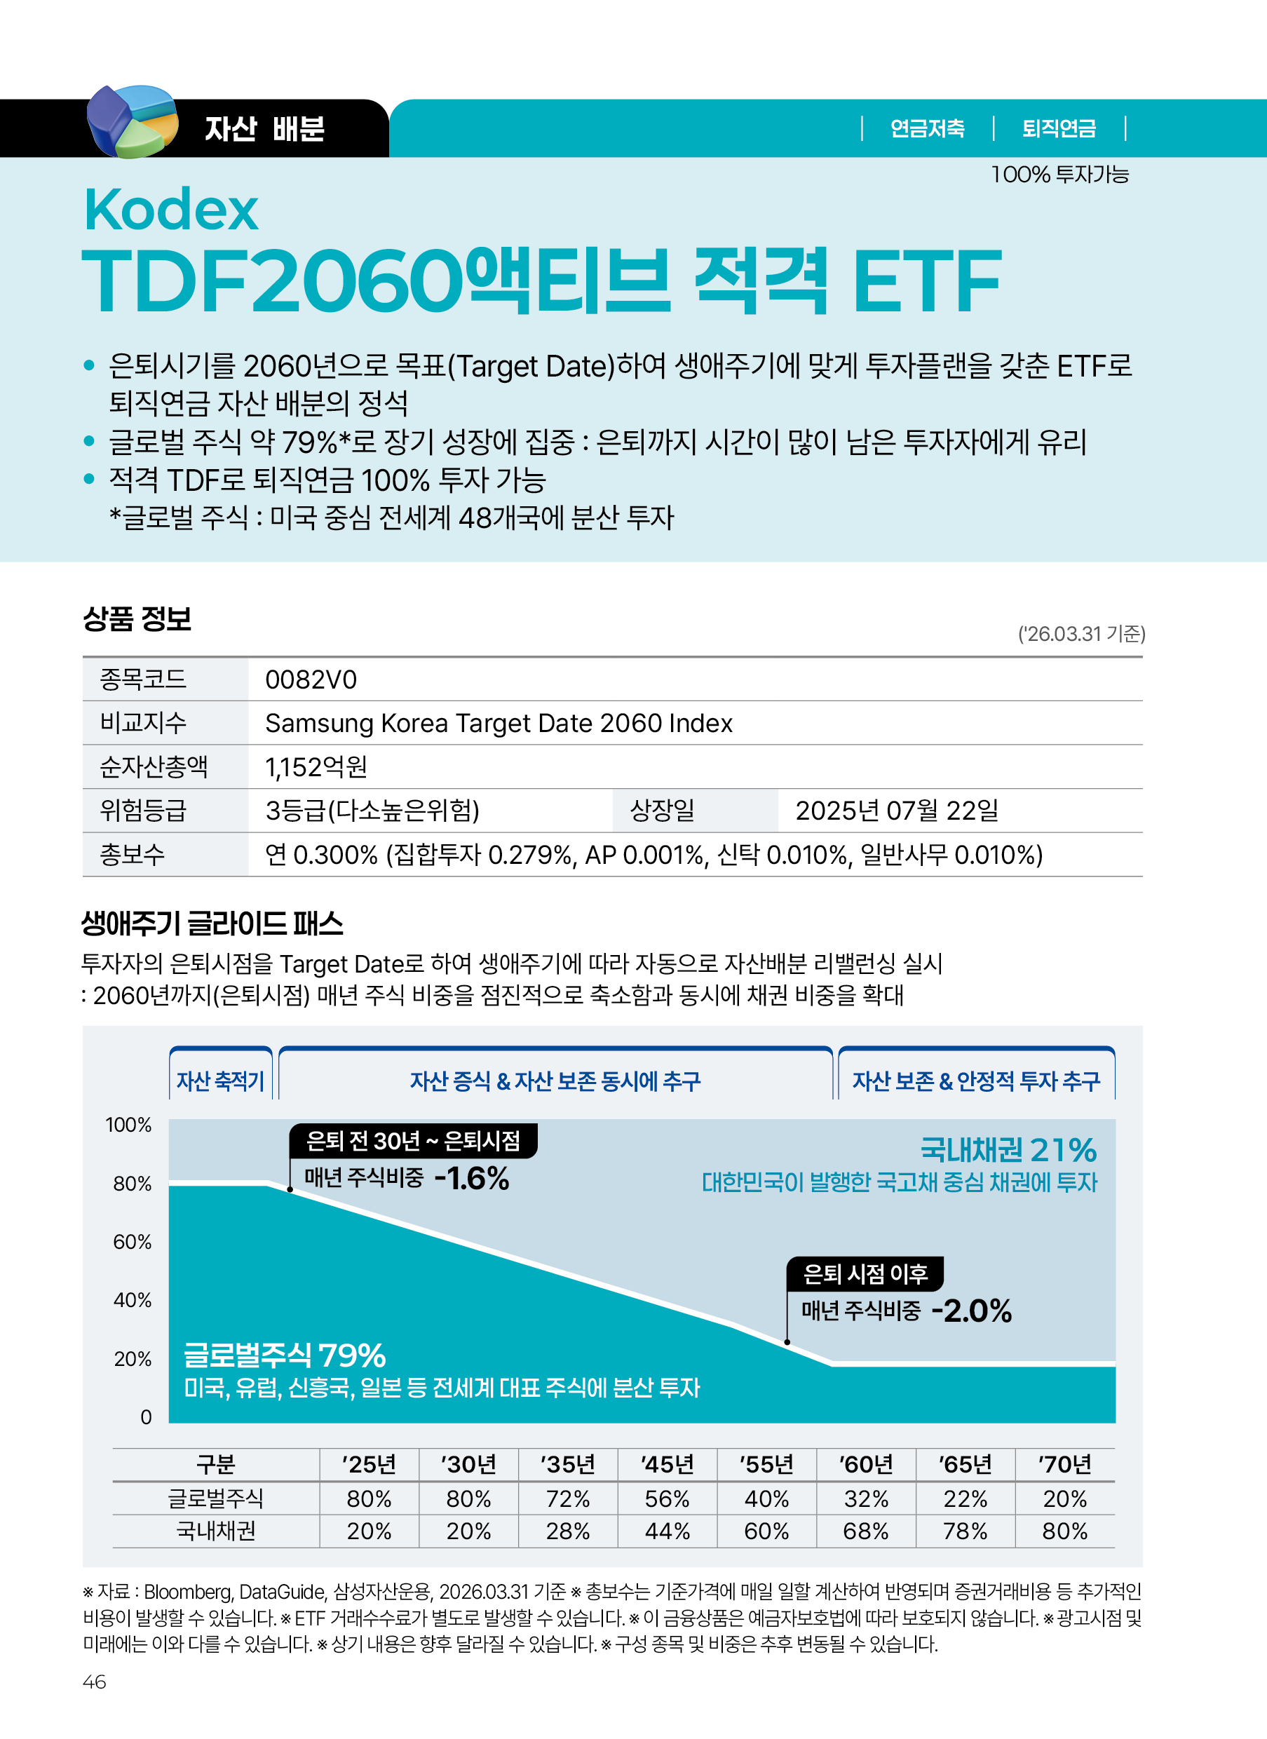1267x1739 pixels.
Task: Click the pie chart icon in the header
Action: click(x=132, y=121)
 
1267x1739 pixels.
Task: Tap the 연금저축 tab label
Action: click(x=926, y=128)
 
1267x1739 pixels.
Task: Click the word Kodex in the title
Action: click(x=171, y=210)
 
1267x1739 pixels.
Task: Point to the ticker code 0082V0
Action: click(x=311, y=679)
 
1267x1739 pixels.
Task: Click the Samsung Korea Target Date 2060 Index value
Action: click(x=499, y=724)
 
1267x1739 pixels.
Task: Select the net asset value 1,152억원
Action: click(x=316, y=767)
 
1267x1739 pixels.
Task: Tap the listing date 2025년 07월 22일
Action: click(x=897, y=811)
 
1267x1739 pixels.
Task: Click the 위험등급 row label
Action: click(x=144, y=811)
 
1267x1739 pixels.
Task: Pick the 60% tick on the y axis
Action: click(x=132, y=1242)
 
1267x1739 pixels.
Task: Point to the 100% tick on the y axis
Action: click(x=128, y=1125)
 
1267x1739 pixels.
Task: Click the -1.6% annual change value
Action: click(x=471, y=1178)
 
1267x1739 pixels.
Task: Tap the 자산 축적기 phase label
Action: click(x=220, y=1081)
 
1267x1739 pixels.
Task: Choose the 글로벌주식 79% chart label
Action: click(x=285, y=1355)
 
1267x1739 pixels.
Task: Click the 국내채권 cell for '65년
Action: click(x=965, y=1531)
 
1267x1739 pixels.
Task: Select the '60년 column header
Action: click(x=866, y=1464)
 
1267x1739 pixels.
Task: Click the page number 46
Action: click(x=95, y=1682)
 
